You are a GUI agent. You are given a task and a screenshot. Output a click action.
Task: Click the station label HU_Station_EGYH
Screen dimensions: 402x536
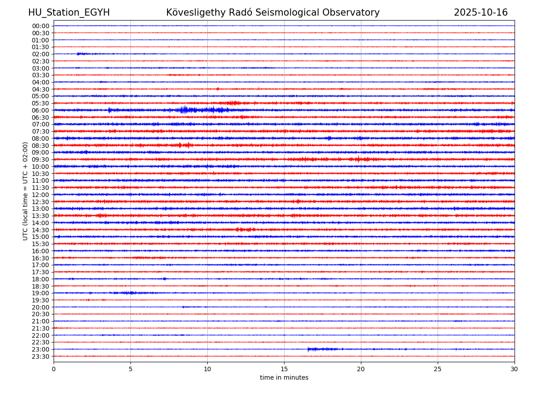coord(69,13)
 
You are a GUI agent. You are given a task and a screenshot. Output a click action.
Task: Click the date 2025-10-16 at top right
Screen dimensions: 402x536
coord(481,13)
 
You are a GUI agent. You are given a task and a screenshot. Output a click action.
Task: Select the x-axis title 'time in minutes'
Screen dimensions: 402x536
coord(284,377)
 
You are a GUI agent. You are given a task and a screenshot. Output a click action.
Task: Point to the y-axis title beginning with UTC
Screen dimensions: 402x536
coord(25,191)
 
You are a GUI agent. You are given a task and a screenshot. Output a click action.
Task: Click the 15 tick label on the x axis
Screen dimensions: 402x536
coord(284,369)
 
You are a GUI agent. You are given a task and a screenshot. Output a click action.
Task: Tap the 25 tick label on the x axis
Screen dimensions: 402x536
coord(438,369)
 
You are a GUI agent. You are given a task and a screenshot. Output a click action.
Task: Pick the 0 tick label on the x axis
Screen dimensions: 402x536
coord(54,369)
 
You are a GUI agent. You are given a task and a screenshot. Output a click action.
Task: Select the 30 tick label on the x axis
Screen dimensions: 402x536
coord(515,369)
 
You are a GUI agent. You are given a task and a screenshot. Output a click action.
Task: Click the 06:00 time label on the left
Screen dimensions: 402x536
coord(41,110)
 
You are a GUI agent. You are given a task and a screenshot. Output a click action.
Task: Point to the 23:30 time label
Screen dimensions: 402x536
coord(41,356)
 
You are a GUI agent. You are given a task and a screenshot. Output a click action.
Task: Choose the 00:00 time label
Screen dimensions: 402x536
coord(41,26)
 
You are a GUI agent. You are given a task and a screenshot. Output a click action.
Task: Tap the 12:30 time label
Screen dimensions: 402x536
coord(41,202)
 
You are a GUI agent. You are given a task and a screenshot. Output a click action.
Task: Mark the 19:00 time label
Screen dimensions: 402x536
coord(41,293)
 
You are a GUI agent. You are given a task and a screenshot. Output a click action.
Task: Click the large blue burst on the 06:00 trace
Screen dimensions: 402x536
coord(188,110)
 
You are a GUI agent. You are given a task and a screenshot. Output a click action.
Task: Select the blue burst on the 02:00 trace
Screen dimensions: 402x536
coord(81,54)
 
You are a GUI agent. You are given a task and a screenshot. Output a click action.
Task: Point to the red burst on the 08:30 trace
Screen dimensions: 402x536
coord(184,145)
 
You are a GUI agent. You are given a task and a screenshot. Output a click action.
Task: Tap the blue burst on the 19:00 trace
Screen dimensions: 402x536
coord(128,293)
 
